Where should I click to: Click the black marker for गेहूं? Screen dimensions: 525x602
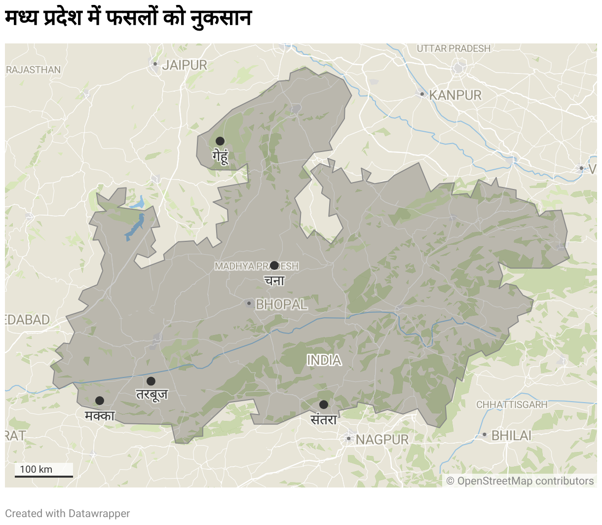[220, 141]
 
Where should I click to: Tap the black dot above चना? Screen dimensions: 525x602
[274, 265]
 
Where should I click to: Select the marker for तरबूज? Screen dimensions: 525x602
[151, 381]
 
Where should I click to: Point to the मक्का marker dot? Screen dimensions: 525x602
[100, 401]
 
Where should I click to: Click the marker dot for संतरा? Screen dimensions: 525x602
[324, 405]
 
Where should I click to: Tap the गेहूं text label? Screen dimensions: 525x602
[220, 156]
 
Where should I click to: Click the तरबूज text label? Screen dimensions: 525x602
[152, 395]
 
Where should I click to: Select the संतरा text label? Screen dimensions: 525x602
[324, 419]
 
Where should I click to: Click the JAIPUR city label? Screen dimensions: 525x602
[185, 65]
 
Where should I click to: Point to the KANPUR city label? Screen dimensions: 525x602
[455, 95]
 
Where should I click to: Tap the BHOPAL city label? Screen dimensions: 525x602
[281, 304]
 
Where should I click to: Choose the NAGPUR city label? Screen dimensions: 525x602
[382, 439]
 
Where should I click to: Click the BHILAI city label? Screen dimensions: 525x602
[511, 435]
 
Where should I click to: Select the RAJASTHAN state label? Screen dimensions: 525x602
[34, 70]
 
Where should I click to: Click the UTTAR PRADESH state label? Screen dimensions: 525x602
[453, 48]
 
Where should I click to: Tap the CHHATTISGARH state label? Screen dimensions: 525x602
[512, 405]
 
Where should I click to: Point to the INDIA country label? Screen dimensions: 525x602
[324, 360]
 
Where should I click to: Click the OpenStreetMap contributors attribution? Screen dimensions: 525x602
[520, 481]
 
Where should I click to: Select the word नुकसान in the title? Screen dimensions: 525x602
[222, 18]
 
